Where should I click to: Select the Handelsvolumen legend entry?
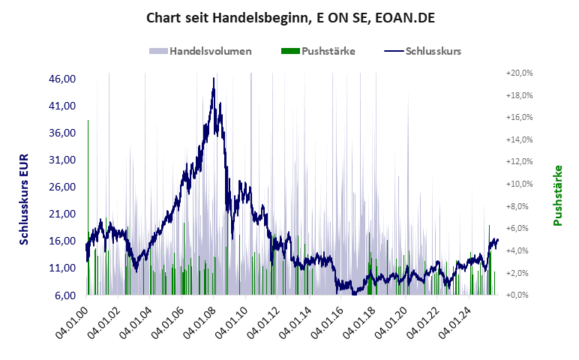[200, 52]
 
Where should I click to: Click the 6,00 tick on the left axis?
[66, 295]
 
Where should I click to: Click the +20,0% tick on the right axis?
[519, 73]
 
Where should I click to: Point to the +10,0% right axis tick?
[519, 184]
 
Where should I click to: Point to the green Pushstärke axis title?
[558, 195]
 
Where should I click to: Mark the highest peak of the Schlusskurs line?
[214, 78]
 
